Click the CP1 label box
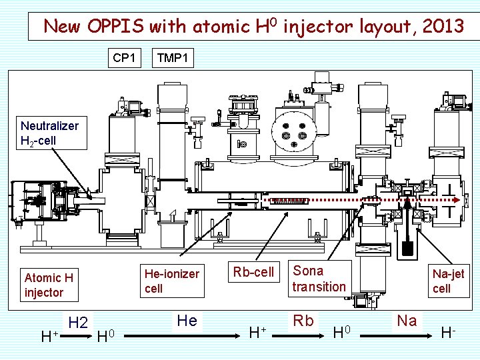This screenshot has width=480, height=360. [x=124, y=58]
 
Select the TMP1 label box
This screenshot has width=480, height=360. [x=173, y=58]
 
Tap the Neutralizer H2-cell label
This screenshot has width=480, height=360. [x=49, y=133]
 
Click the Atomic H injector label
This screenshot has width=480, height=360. [x=49, y=285]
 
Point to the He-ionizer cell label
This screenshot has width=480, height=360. [x=172, y=281]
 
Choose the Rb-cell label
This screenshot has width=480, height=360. [x=253, y=272]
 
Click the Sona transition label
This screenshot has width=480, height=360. [x=319, y=279]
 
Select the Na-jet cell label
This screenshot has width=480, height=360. [x=448, y=281]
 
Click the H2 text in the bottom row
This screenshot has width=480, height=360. [x=79, y=323]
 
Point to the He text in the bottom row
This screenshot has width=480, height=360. [x=187, y=321]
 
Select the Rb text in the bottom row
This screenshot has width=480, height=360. [x=303, y=321]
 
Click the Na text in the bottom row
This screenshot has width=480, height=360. [x=407, y=321]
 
